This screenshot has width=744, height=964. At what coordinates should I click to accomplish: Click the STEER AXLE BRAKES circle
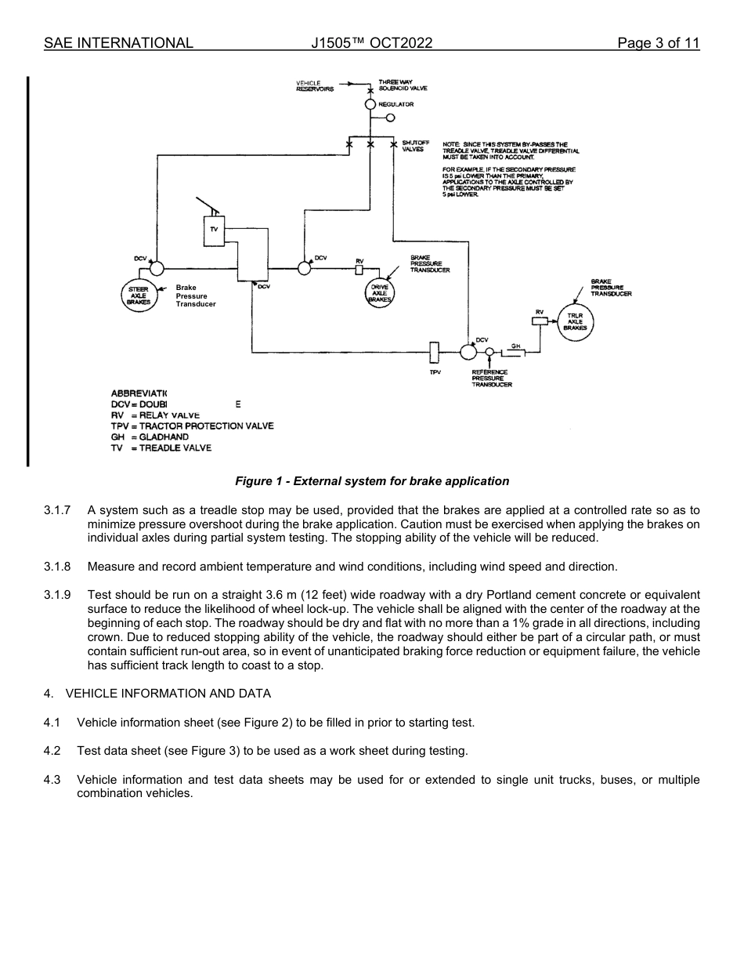tap(139, 295)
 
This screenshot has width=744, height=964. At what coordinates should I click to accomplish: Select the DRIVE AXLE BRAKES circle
tap(380, 293)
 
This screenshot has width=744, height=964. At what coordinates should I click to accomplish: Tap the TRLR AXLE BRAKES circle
tap(576, 322)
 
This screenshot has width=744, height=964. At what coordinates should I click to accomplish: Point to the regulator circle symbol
tap(370, 104)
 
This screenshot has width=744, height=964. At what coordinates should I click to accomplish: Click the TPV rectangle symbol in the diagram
tap(435, 353)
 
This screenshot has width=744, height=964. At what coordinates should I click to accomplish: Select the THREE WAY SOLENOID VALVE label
tap(403, 85)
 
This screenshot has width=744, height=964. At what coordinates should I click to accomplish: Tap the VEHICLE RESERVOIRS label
tap(315, 85)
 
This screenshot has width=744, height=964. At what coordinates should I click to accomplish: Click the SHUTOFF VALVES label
tap(415, 146)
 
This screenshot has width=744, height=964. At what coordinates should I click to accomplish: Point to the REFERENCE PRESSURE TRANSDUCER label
tap(491, 379)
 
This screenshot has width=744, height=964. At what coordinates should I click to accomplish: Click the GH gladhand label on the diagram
tap(516, 345)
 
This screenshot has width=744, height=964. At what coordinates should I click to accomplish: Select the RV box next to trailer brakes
tap(539, 321)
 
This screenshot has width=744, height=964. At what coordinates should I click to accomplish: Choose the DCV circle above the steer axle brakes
tap(157, 268)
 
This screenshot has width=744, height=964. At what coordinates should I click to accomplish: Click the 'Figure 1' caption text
tap(372, 481)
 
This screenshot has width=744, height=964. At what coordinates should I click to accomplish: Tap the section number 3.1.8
tap(57, 567)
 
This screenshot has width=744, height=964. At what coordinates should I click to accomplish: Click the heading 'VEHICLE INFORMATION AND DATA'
tap(168, 693)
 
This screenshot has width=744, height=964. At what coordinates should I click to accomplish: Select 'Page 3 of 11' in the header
tap(658, 43)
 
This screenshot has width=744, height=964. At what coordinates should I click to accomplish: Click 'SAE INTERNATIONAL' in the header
tap(118, 43)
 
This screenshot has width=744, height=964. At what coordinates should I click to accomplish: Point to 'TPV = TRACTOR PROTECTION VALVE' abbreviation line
tap(192, 426)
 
